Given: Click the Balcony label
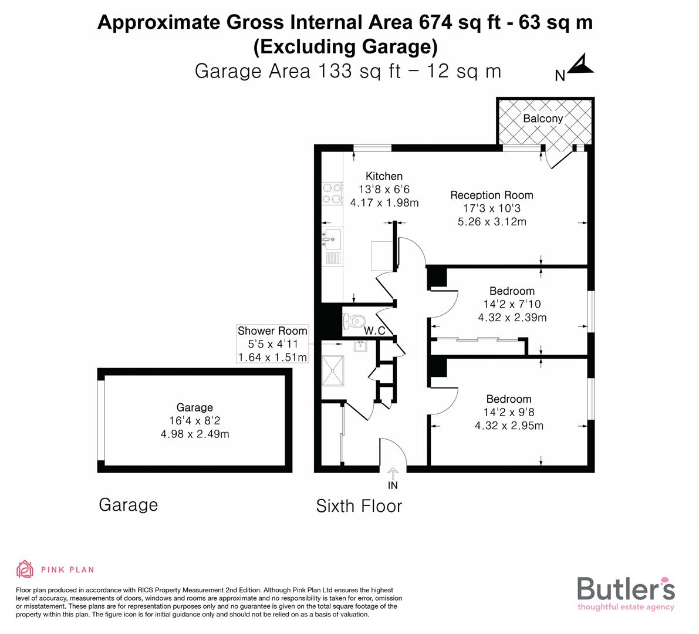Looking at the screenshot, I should pyautogui.click(x=543, y=119).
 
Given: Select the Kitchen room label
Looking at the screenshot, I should pyautogui.click(x=384, y=176).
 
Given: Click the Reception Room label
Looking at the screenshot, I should pyautogui.click(x=491, y=195).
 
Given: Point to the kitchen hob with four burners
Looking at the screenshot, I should pyautogui.click(x=332, y=194).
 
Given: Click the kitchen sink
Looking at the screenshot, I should pyautogui.click(x=332, y=238).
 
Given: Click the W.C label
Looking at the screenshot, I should pyautogui.click(x=374, y=331).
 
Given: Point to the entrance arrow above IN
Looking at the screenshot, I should pyautogui.click(x=393, y=472).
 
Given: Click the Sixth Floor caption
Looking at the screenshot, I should pyautogui.click(x=359, y=506).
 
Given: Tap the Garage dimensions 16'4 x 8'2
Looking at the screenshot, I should pyautogui.click(x=195, y=421).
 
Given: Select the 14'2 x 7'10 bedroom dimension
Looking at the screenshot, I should pyautogui.click(x=512, y=305).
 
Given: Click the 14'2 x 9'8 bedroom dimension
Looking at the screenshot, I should pyautogui.click(x=508, y=413).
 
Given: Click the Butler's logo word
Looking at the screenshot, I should pyautogui.click(x=626, y=588).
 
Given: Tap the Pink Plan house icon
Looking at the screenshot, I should pyautogui.click(x=25, y=569).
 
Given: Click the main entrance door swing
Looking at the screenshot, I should pyautogui.click(x=392, y=451).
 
